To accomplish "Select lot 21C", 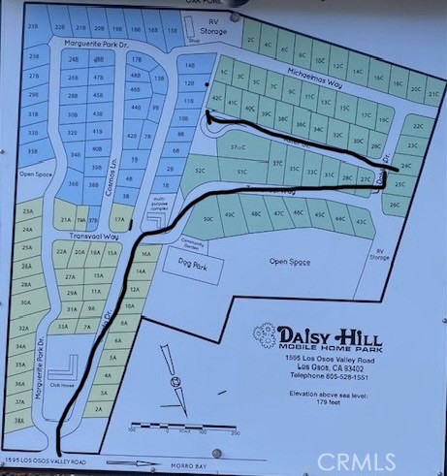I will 432,95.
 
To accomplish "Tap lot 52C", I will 201,170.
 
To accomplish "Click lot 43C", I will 362,222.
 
